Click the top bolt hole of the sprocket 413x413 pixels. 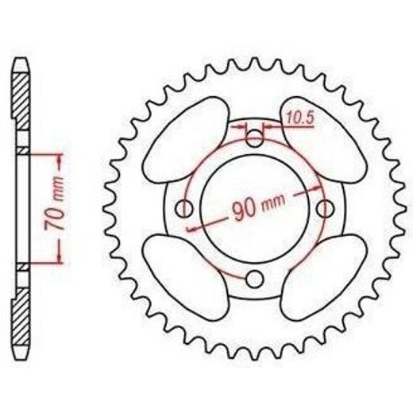[x=254, y=138]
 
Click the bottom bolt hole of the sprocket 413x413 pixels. [x=254, y=279]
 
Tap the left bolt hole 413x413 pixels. [x=183, y=208]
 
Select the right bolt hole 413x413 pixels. [x=325, y=208]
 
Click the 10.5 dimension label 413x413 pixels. [x=299, y=118]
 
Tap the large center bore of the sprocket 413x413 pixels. [x=254, y=208]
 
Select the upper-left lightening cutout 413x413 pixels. [x=185, y=140]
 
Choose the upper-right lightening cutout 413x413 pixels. [x=323, y=140]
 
